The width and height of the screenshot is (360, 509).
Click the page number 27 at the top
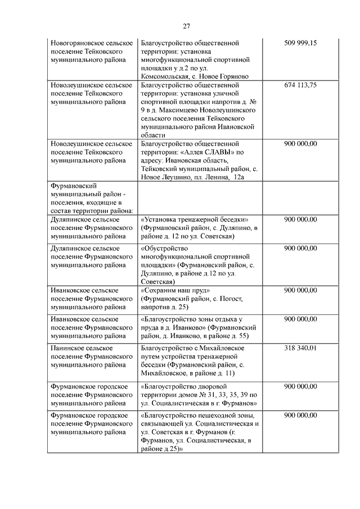(x=187, y=25)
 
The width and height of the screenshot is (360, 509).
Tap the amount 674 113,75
(x=301, y=85)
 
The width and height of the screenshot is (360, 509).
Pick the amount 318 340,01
(x=301, y=349)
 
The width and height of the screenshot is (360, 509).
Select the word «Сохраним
(x=159, y=290)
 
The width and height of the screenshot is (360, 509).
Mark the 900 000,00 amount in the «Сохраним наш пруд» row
(x=301, y=290)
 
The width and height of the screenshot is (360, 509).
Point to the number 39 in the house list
(x=242, y=395)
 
